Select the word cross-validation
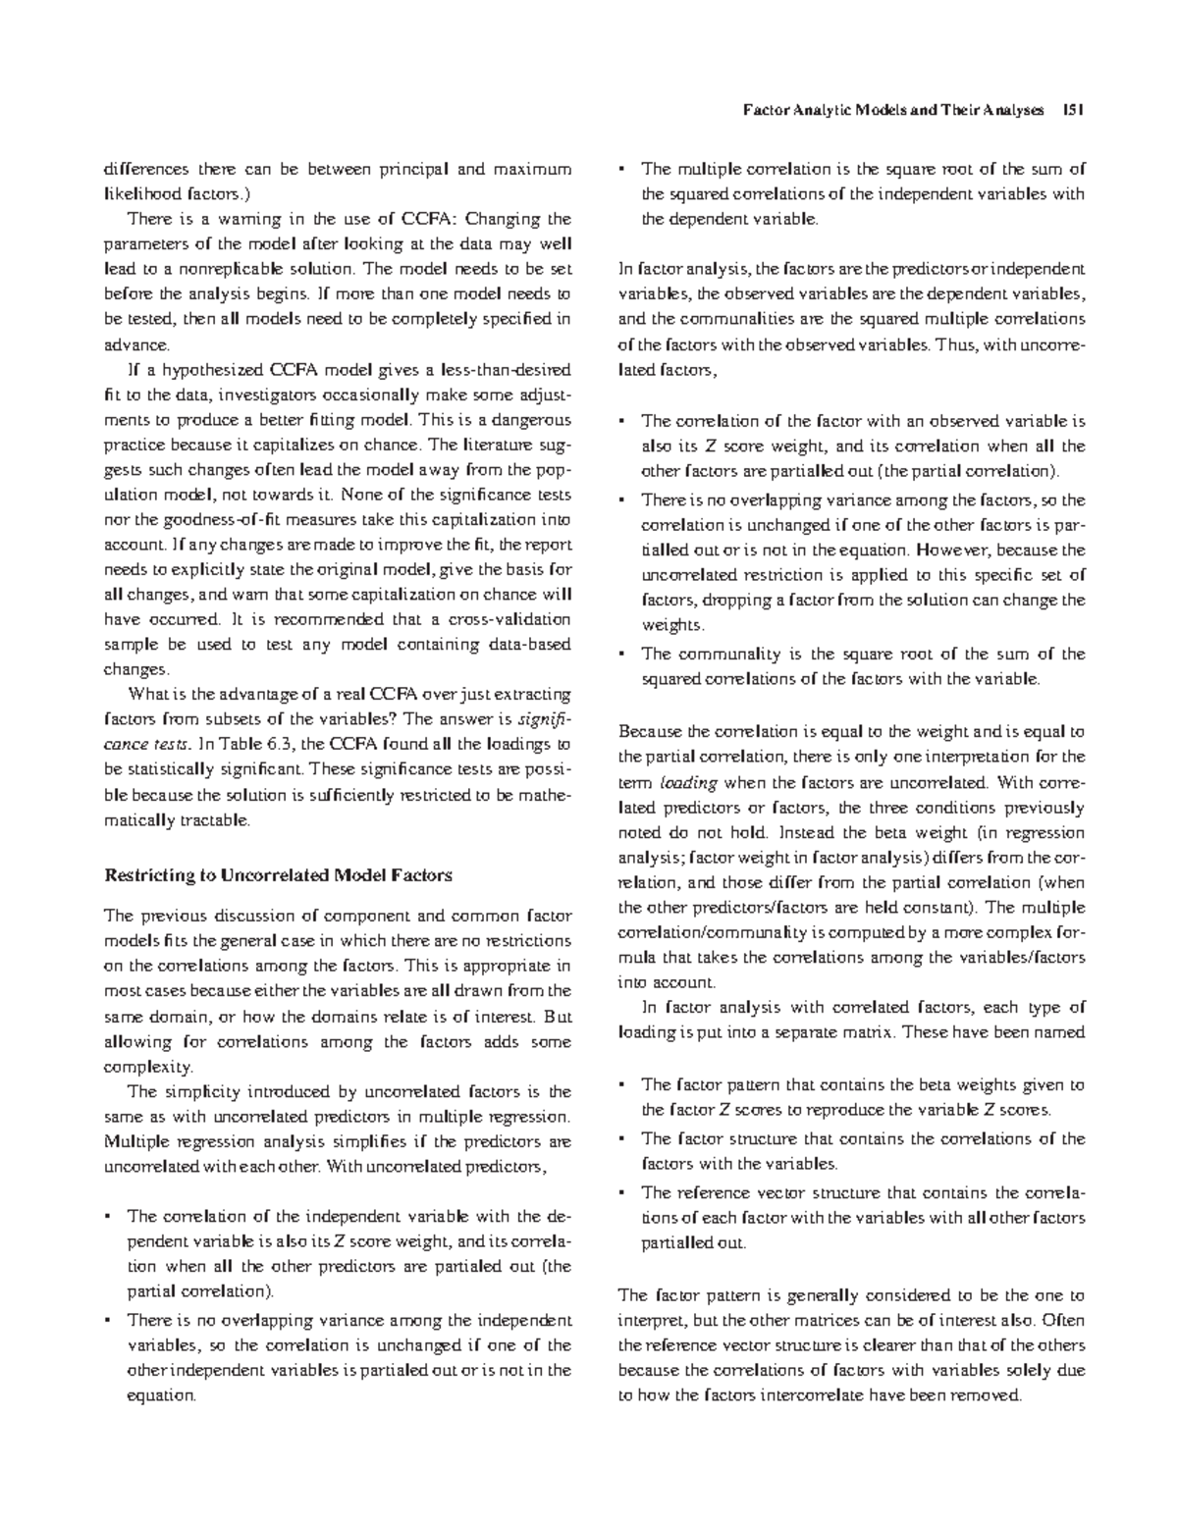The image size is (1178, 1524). coord(511,620)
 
